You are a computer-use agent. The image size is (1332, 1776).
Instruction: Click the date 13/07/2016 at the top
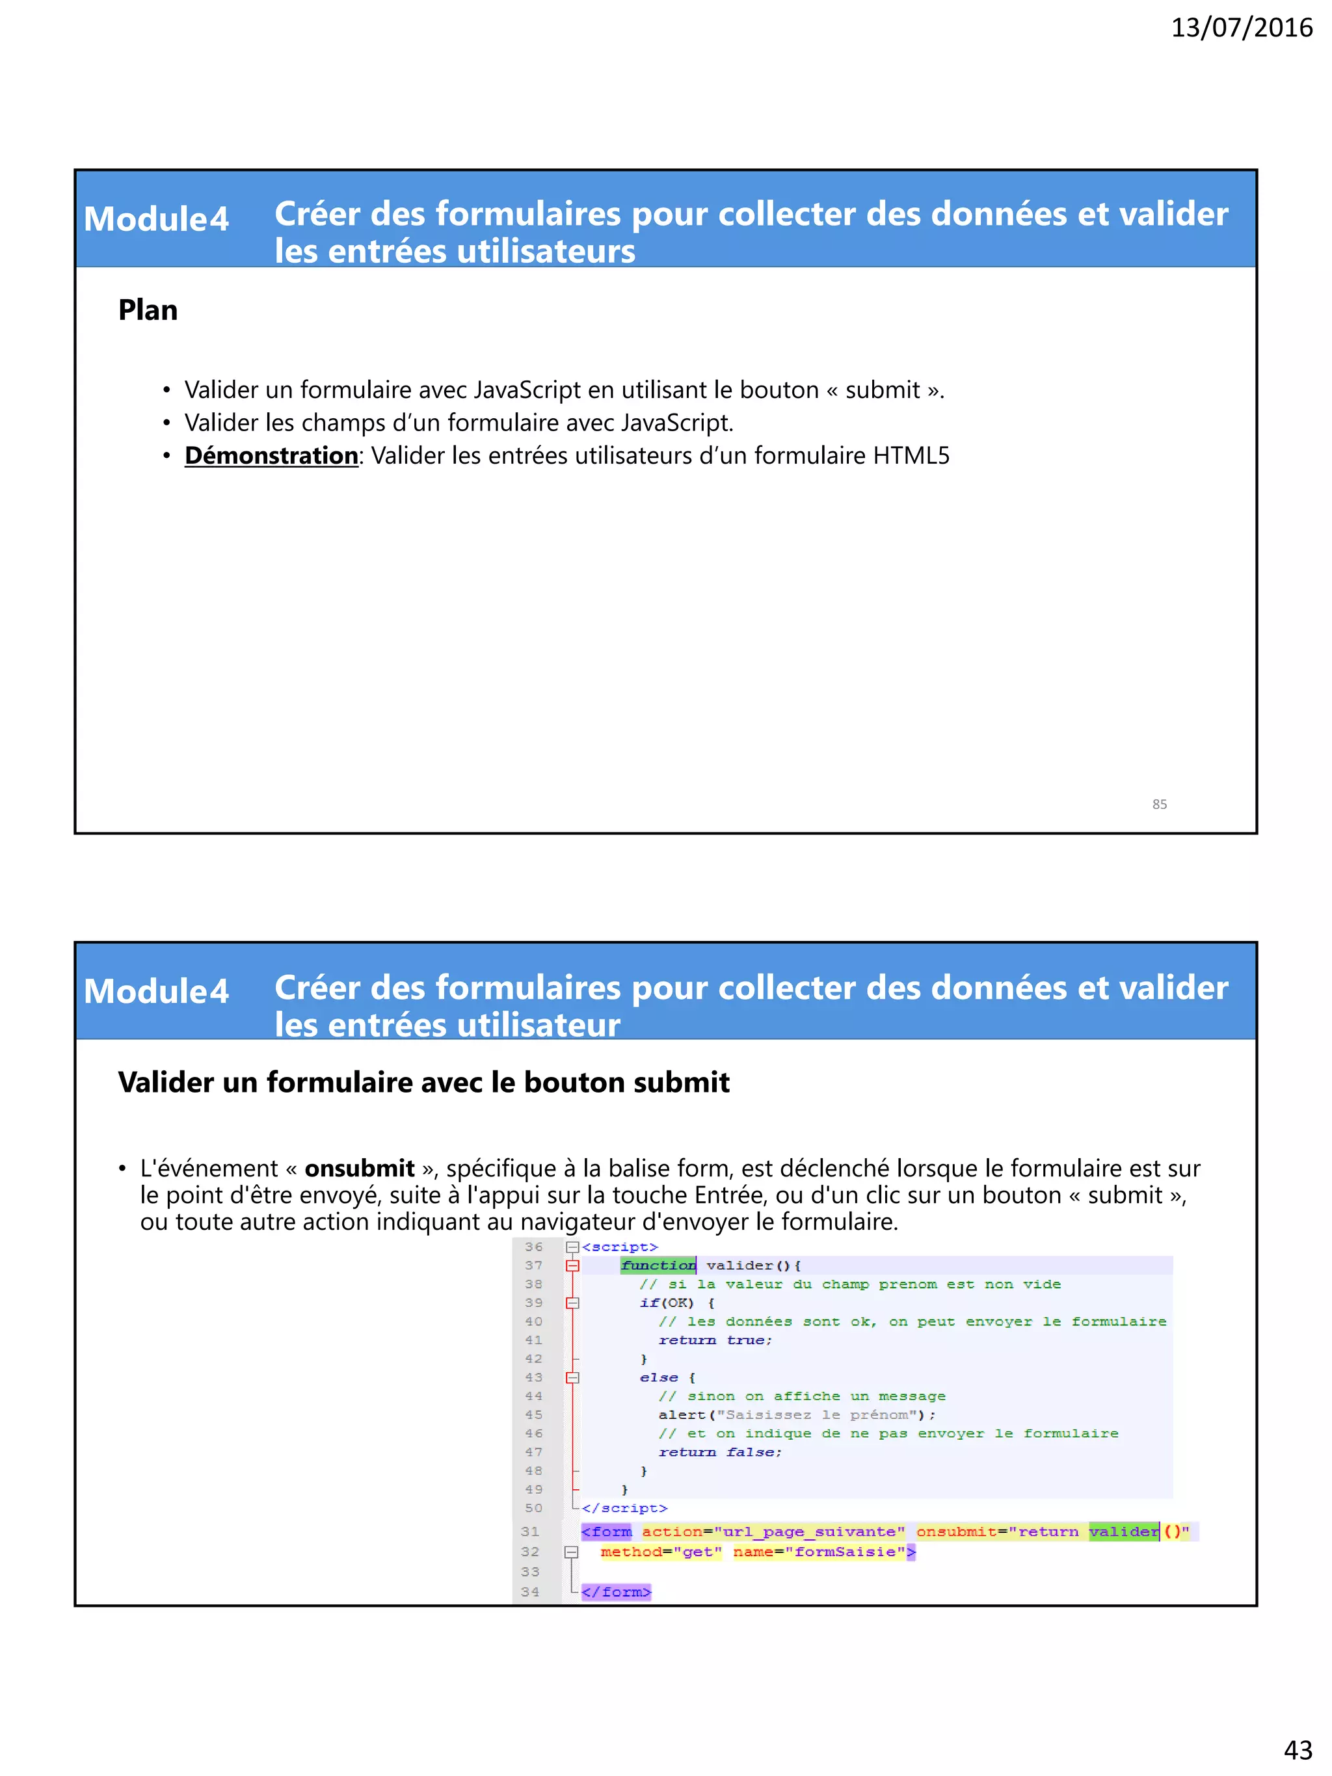[x=1240, y=28]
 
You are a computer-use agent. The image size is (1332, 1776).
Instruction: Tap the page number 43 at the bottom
[x=1298, y=1749]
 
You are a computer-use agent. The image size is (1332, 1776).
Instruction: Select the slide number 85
[x=1158, y=804]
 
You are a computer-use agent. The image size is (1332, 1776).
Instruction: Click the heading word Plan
[x=148, y=311]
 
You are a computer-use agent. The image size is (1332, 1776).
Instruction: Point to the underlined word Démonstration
[x=271, y=456]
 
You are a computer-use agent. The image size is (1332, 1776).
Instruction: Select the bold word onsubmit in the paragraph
[x=359, y=1168]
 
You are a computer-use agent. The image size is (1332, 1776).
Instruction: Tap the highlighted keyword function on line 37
[x=658, y=1266]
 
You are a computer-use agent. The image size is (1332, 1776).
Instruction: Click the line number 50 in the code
[x=534, y=1509]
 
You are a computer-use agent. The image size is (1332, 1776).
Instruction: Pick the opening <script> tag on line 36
[x=620, y=1247]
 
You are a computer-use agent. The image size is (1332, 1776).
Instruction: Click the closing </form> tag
[x=617, y=1592]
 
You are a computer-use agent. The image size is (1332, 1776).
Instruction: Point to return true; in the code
[x=715, y=1340]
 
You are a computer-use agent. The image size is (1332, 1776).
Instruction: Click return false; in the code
[x=719, y=1452]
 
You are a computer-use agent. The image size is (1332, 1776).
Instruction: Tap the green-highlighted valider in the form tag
[x=1123, y=1532]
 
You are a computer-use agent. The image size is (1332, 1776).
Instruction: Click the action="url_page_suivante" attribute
[x=773, y=1532]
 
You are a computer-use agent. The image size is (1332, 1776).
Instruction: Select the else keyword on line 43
[x=658, y=1378]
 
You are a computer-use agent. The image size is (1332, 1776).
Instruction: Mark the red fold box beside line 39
[x=572, y=1303]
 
